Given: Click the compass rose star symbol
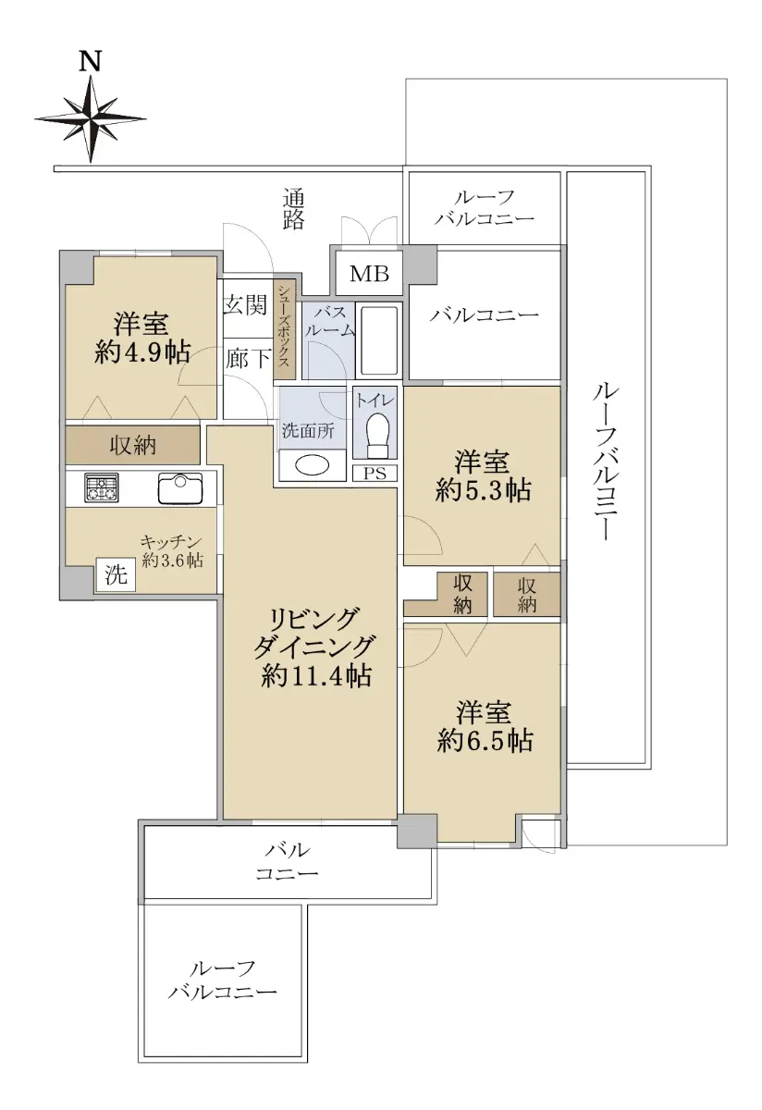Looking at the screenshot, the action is tap(91, 119).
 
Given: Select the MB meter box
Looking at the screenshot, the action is tap(370, 273).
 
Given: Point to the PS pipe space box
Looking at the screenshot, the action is tap(375, 474).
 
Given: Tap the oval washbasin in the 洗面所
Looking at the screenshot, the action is tap(312, 465).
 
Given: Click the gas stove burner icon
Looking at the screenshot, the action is tap(102, 488).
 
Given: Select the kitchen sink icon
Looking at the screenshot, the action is tap(180, 488).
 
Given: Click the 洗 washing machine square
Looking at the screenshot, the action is tap(116, 574).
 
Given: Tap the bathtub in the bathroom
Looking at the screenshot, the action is tap(379, 340).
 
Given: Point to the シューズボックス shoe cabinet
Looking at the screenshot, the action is tap(285, 330).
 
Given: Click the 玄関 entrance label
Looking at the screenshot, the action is tap(246, 304).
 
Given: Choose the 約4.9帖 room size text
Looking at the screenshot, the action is tap(142, 352).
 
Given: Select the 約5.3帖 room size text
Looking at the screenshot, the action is tap(483, 490).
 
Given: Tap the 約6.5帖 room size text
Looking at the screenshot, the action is tap(485, 740).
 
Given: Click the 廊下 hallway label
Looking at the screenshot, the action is tap(248, 358).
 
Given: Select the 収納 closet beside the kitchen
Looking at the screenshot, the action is tap(133, 445).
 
